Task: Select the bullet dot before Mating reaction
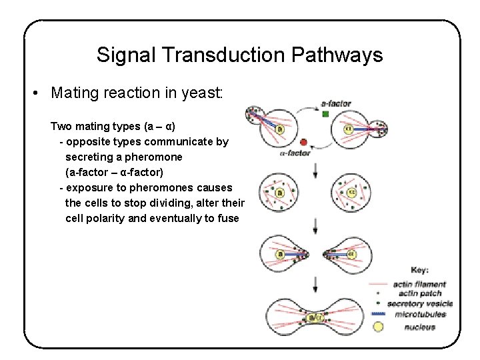(35, 93)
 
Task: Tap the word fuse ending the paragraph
(227, 219)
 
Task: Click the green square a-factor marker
(325, 114)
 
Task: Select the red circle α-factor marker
(304, 142)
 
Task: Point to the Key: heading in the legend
(419, 270)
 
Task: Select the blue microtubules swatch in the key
(378, 314)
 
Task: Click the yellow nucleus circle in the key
(378, 327)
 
